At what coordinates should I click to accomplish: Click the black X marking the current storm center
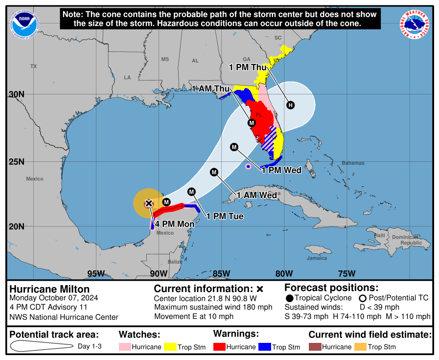coord(149,203)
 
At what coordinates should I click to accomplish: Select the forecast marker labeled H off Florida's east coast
coord(291,105)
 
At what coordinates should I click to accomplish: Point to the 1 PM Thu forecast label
coord(249,67)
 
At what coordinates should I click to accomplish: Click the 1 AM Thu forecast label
coord(210,89)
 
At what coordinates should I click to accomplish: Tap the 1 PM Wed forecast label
coord(281,170)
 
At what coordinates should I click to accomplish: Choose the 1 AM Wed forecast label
coord(256,195)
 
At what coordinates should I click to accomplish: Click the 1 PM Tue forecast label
coord(225,216)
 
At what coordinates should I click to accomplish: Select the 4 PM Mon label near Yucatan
coord(174,225)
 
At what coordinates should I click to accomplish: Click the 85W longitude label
coord(222,273)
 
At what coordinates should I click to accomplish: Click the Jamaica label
coord(317,258)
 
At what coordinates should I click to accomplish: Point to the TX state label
coord(33,66)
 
